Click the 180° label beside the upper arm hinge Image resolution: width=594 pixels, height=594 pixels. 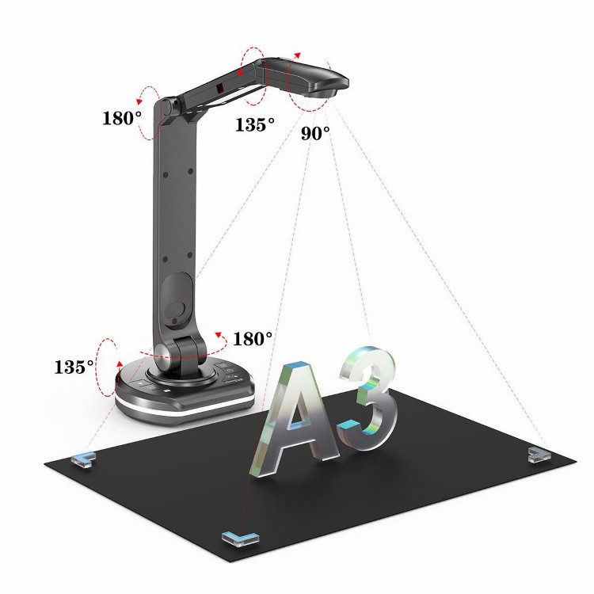pyautogui.click(x=122, y=118)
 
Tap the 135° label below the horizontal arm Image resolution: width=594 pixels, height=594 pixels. pyautogui.click(x=254, y=124)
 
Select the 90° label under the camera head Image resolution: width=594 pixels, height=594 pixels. pyautogui.click(x=315, y=133)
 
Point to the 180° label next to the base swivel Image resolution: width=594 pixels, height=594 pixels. pyautogui.click(x=253, y=339)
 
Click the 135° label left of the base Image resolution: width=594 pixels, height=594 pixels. pyautogui.click(x=74, y=367)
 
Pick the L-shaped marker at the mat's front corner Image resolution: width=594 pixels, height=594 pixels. pyautogui.click(x=240, y=539)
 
